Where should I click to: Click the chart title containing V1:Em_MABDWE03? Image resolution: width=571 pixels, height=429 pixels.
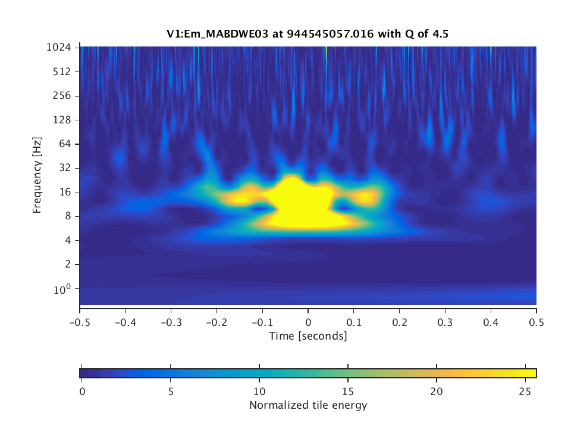(308, 34)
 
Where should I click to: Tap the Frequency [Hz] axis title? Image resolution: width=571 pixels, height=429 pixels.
(37, 175)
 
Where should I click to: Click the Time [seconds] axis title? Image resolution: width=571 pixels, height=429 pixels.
(308, 336)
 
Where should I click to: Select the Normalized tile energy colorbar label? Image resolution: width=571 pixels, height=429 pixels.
(308, 406)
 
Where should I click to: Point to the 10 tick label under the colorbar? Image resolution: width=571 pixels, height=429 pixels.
(259, 391)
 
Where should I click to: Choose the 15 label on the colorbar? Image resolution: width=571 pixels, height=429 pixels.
(348, 391)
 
